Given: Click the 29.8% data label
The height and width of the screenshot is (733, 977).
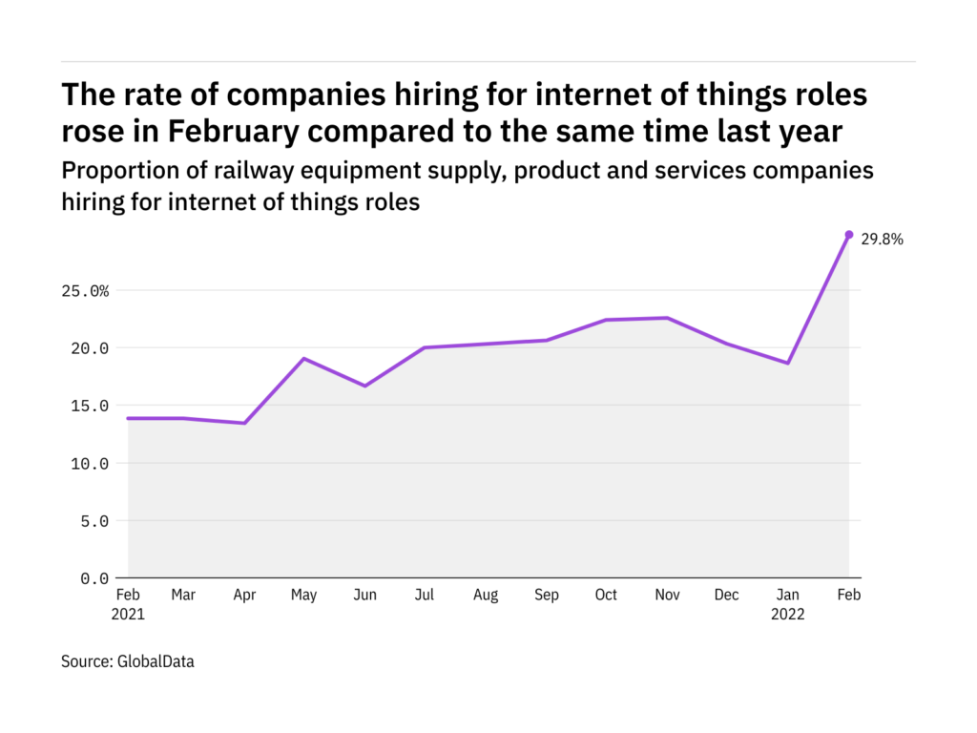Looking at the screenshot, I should point(882,240).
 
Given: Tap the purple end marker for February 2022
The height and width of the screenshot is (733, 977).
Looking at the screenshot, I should point(848,235).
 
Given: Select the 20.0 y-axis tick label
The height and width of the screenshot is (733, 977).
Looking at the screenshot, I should point(87,348).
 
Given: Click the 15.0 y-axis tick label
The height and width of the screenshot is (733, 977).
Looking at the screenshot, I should point(87,406).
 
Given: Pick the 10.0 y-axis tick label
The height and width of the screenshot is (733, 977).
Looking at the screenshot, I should point(87,464).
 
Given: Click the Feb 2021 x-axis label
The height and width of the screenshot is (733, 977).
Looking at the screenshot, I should point(128,605).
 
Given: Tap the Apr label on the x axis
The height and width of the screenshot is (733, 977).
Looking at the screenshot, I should point(243,596).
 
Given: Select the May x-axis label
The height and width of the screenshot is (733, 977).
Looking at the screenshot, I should point(303,596).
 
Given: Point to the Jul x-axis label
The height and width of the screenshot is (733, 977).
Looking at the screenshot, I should point(425,596).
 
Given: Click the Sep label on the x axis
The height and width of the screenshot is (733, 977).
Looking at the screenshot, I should point(546,596).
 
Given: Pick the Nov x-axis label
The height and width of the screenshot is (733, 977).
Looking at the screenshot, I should point(667,596).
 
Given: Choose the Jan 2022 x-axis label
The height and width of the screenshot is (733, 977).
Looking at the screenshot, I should point(788,605).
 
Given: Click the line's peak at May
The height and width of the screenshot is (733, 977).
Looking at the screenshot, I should point(303,359).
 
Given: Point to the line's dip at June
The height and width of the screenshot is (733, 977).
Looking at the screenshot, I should point(364,386).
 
